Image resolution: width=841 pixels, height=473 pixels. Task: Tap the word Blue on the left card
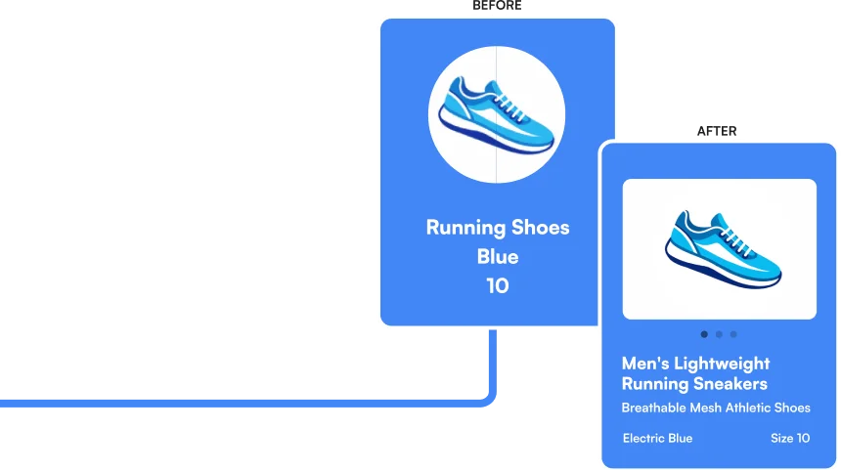(x=498, y=257)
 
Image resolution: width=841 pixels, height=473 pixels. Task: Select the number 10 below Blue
(x=498, y=286)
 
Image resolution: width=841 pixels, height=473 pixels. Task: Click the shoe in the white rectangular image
(x=721, y=248)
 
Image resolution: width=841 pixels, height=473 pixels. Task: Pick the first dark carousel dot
(x=704, y=334)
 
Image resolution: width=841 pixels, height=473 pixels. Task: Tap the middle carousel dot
(x=719, y=334)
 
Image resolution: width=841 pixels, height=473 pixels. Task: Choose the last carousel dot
(x=733, y=334)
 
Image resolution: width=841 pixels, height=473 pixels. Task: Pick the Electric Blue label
(x=657, y=438)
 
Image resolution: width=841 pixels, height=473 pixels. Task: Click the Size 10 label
(x=790, y=438)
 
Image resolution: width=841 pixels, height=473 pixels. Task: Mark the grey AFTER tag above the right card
(x=719, y=132)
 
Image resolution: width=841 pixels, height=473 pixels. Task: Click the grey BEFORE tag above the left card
(x=497, y=9)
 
